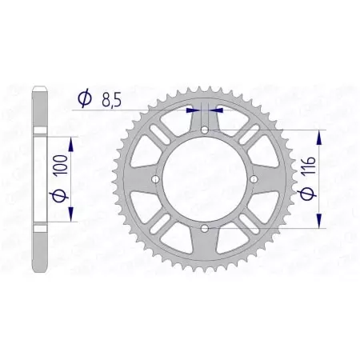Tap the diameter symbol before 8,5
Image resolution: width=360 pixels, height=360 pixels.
click(x=84, y=98)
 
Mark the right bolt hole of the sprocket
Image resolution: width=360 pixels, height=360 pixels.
click(x=254, y=179)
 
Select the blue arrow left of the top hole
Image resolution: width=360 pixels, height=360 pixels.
click(x=192, y=110)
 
